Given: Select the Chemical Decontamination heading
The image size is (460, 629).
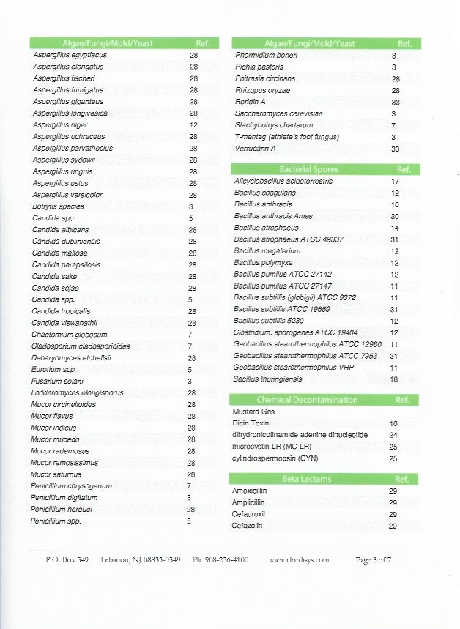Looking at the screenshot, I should pos(306,400).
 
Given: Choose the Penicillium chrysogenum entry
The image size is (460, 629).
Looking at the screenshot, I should pos(71,486).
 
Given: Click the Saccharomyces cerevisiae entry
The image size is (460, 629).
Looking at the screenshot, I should pos(278,113).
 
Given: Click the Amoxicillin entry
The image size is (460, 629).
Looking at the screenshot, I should pos(252,491).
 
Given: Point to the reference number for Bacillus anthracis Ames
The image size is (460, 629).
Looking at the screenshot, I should pos(394,216).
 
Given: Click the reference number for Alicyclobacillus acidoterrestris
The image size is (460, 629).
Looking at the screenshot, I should pos(394,181).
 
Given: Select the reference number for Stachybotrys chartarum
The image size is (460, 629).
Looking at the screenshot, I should pos(394,125).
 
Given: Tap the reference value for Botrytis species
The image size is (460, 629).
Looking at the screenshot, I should pos(190,206).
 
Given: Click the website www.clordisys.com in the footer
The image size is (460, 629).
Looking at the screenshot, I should pos(299,560).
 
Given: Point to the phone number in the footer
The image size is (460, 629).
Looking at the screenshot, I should pos(220,560).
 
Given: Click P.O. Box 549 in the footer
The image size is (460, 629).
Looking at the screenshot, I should pos(67,560).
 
